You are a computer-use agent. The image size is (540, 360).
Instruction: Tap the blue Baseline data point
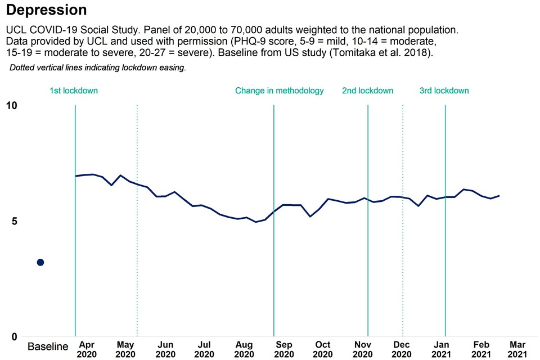[x=40, y=262]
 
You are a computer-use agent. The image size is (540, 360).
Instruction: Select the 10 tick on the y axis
[x=12, y=106]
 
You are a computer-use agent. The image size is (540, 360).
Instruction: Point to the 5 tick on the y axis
[x=15, y=221]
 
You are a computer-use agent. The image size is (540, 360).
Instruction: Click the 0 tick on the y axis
[x=15, y=337]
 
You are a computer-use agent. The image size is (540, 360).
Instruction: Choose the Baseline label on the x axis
[x=48, y=346]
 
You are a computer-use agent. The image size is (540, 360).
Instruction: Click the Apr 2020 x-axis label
[x=87, y=349]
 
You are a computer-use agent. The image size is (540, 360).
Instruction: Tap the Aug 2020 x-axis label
[x=244, y=349]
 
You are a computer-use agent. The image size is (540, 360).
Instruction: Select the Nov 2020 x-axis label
[x=362, y=349]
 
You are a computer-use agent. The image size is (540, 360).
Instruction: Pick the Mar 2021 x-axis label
[x=517, y=349]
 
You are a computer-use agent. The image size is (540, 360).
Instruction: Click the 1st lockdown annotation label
[x=74, y=91]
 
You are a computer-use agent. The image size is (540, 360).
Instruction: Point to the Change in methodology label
[x=279, y=91]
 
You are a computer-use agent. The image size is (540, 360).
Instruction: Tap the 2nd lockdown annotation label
[x=368, y=91]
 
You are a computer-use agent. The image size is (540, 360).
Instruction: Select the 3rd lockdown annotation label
[x=444, y=91]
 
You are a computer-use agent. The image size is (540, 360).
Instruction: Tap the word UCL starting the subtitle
[x=16, y=29]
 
